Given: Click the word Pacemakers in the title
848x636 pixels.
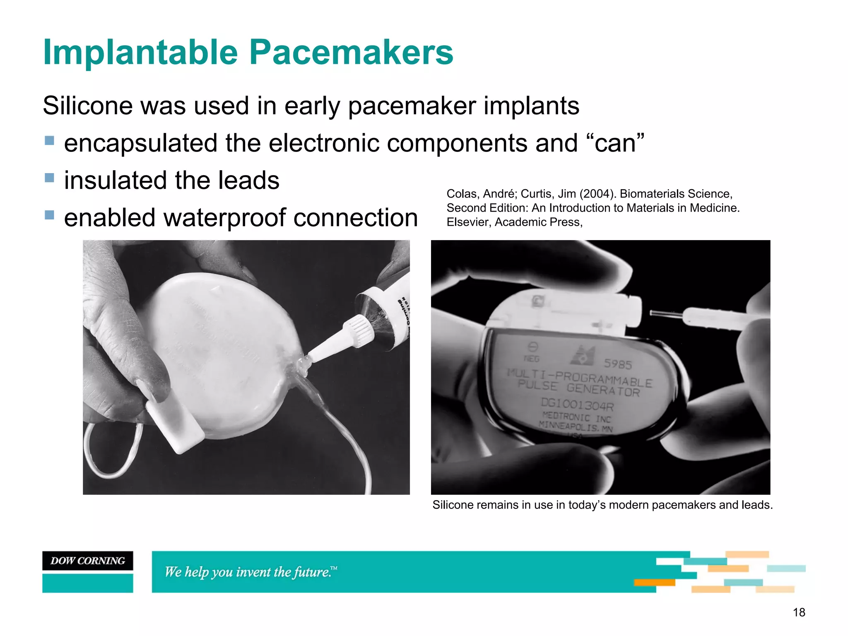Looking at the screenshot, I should [x=351, y=53].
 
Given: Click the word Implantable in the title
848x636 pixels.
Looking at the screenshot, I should [x=140, y=53].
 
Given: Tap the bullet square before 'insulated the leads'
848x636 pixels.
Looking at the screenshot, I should [x=49, y=178].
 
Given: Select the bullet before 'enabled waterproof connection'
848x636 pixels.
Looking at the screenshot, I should [x=49, y=215].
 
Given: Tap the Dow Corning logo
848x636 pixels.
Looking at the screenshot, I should [x=88, y=561].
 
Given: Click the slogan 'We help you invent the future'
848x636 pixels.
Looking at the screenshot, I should [x=250, y=572].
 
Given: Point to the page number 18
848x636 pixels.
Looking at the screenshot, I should [x=799, y=612].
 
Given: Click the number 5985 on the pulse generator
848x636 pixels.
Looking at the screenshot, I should [x=617, y=364].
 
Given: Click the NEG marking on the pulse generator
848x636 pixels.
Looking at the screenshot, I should [x=532, y=359].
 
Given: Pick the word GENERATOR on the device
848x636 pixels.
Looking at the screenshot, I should [x=603, y=390].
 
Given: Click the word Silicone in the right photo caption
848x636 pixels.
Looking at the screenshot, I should [x=453, y=505].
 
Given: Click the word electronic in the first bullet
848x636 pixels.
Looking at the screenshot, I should [x=324, y=143].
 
